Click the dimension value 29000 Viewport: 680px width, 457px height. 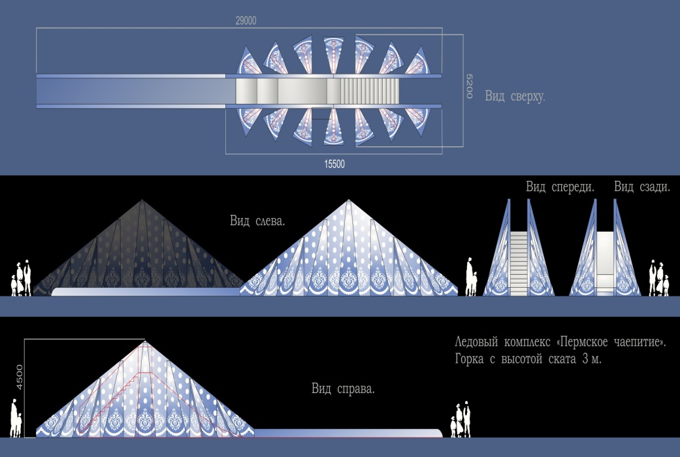pyautogui.click(x=246, y=20)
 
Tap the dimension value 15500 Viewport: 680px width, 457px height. pyautogui.click(x=334, y=164)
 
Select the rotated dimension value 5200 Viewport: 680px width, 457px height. pyautogui.click(x=469, y=86)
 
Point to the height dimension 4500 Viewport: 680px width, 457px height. pyautogui.click(x=19, y=377)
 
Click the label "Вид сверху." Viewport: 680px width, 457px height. pyautogui.click(x=515, y=96)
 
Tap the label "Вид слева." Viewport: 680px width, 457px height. pyautogui.click(x=257, y=221)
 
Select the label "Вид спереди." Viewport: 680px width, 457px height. pyautogui.click(x=560, y=187)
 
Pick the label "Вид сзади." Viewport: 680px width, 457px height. pyautogui.click(x=642, y=187)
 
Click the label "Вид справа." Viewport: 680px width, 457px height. pyautogui.click(x=342, y=388)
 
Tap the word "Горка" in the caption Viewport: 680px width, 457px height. pyautogui.click(x=469, y=359)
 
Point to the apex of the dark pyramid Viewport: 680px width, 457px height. pyautogui.click(x=142, y=200)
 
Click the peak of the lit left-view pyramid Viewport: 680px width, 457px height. pyautogui.click(x=349, y=200)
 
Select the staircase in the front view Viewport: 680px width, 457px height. pyautogui.click(x=519, y=264)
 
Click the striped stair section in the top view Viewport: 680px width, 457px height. pyautogui.click(x=369, y=91)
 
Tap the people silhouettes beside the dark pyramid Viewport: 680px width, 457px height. pyautogui.click(x=21, y=278)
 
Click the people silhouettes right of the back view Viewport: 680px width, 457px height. pyautogui.click(x=658, y=278)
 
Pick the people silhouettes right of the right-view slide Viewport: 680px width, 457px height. pyautogui.click(x=461, y=419)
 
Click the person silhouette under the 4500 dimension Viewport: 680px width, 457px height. pyautogui.click(x=16, y=418)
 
